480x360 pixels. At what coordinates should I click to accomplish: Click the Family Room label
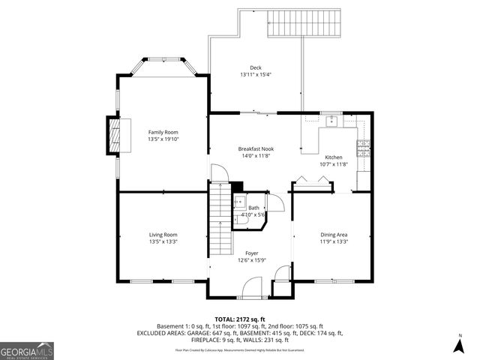163,131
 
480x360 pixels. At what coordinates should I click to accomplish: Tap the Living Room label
163,234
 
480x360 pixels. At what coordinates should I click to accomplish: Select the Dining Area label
333,234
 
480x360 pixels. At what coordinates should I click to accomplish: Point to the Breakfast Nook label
256,148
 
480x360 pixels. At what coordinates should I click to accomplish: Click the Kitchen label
333,157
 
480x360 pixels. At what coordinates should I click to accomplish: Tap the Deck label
256,67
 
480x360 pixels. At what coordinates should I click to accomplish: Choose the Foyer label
251,253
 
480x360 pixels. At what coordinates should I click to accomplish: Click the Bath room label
253,208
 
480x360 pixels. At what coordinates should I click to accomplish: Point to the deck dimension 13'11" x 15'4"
256,74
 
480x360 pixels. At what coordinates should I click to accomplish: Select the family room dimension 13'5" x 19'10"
163,139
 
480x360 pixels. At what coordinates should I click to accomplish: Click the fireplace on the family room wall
113,136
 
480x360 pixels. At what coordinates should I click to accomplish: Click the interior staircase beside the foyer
219,221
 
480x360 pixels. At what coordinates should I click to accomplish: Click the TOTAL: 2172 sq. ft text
240,319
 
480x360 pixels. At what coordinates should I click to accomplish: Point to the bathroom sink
241,202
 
